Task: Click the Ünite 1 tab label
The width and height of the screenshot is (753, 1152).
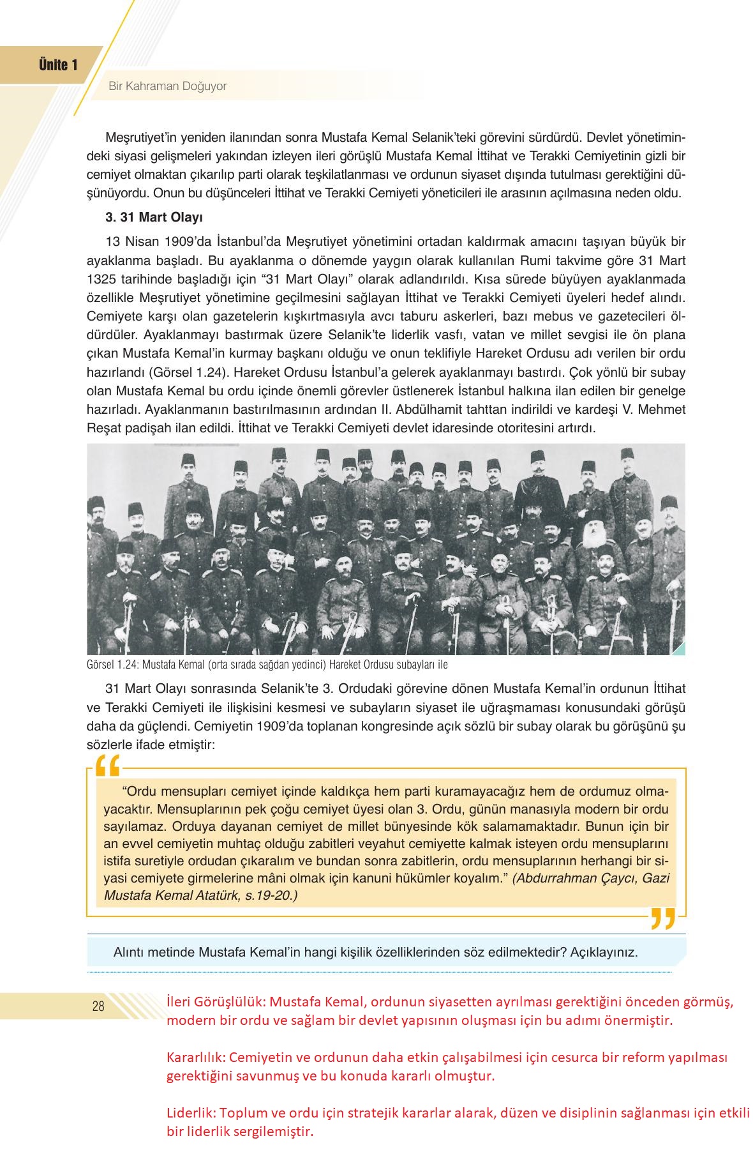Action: (58, 65)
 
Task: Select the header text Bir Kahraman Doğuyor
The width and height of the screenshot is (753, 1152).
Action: (167, 86)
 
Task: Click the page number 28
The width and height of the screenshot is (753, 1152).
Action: (98, 1007)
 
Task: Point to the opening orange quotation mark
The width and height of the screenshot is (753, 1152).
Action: (107, 766)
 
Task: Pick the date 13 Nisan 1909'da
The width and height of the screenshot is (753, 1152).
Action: (147, 242)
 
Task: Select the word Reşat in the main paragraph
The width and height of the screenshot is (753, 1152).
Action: (103, 428)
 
